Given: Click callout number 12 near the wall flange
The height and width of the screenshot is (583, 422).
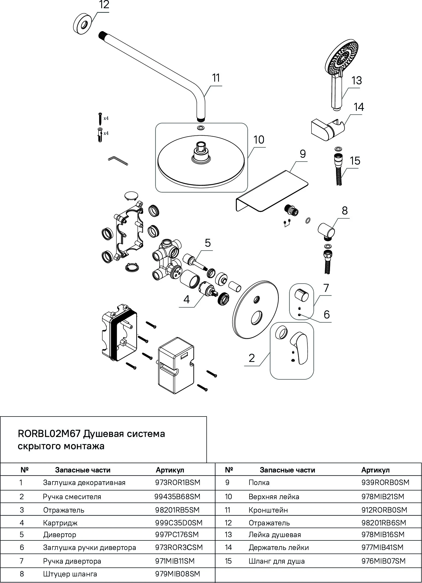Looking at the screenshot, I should pyautogui.click(x=104, y=5).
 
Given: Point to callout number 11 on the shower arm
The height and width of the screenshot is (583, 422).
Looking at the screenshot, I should pyautogui.click(x=216, y=78).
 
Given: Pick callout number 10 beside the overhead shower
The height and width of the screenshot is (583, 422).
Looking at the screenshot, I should pyautogui.click(x=259, y=140).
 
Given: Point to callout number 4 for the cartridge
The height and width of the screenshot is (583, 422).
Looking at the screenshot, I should pyautogui.click(x=186, y=300).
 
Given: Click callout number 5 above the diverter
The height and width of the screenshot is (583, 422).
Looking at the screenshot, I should pyautogui.click(x=208, y=243).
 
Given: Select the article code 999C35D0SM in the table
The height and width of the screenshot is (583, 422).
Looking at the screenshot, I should pyautogui.click(x=179, y=523).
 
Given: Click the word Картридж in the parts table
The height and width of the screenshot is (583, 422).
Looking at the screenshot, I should pyautogui.click(x=60, y=523).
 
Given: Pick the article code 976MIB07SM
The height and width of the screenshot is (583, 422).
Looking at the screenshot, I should pyautogui.click(x=383, y=561).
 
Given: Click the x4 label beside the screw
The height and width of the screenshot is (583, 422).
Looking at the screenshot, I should pyautogui.click(x=106, y=118).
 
